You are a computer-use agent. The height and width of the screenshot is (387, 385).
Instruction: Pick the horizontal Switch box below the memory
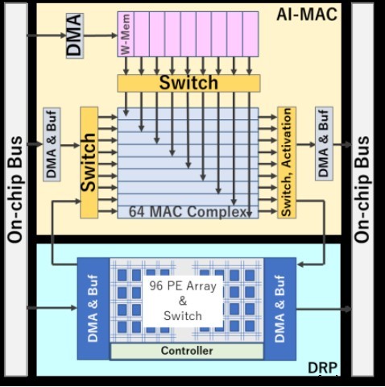[x=188, y=83]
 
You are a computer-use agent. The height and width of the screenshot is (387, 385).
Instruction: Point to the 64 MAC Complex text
[x=188, y=212]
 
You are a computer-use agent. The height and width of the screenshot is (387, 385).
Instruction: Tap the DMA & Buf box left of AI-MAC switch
[x=52, y=145]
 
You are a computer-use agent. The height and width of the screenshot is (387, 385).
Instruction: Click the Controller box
[x=187, y=351]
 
